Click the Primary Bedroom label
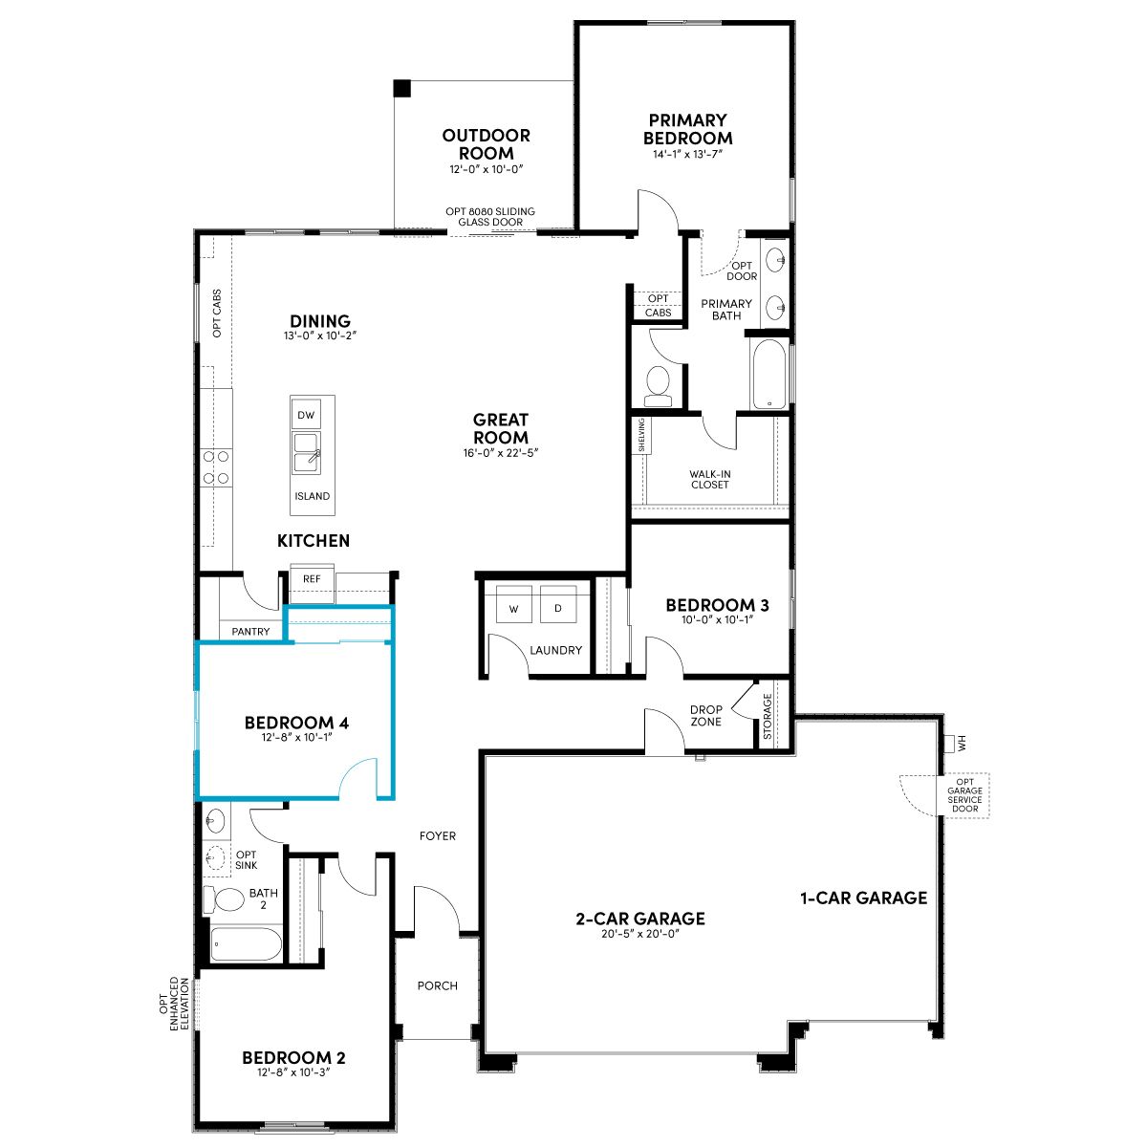[687, 129]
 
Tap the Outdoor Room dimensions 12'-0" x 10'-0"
[487, 169]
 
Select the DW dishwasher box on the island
[306, 415]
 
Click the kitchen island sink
[307, 454]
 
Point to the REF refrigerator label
[312, 578]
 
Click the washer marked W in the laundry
[513, 604]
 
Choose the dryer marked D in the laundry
[557, 604]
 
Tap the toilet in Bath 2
[224, 899]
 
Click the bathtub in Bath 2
[246, 943]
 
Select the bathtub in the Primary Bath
[769, 374]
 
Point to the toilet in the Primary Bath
[658, 385]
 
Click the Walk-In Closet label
[710, 479]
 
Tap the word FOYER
[438, 835]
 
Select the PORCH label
[438, 985]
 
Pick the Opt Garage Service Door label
[964, 795]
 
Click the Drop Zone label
[706, 716]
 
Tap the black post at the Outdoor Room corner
[402, 88]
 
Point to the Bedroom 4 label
[296, 723]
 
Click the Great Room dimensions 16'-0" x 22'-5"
[501, 452]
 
